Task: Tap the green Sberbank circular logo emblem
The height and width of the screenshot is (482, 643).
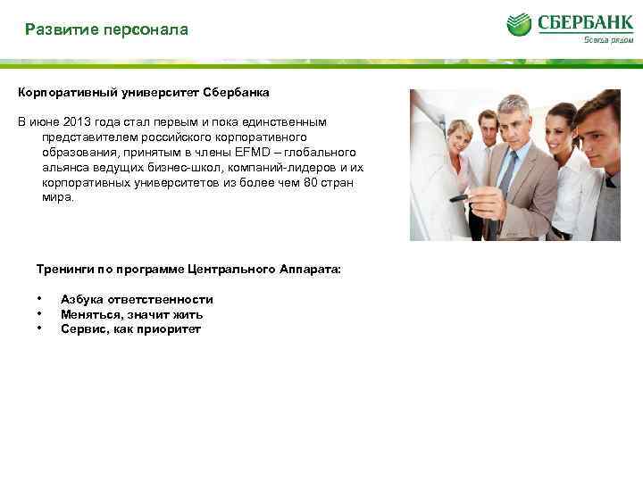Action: (519, 24)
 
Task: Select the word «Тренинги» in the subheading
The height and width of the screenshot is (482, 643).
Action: (62, 268)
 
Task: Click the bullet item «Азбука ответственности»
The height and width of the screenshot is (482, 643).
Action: (137, 300)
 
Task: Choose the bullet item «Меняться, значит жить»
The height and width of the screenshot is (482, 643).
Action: (131, 314)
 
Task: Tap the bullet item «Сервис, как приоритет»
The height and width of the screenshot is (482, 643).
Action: (130, 328)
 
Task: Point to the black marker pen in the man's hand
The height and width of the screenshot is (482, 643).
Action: (458, 198)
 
